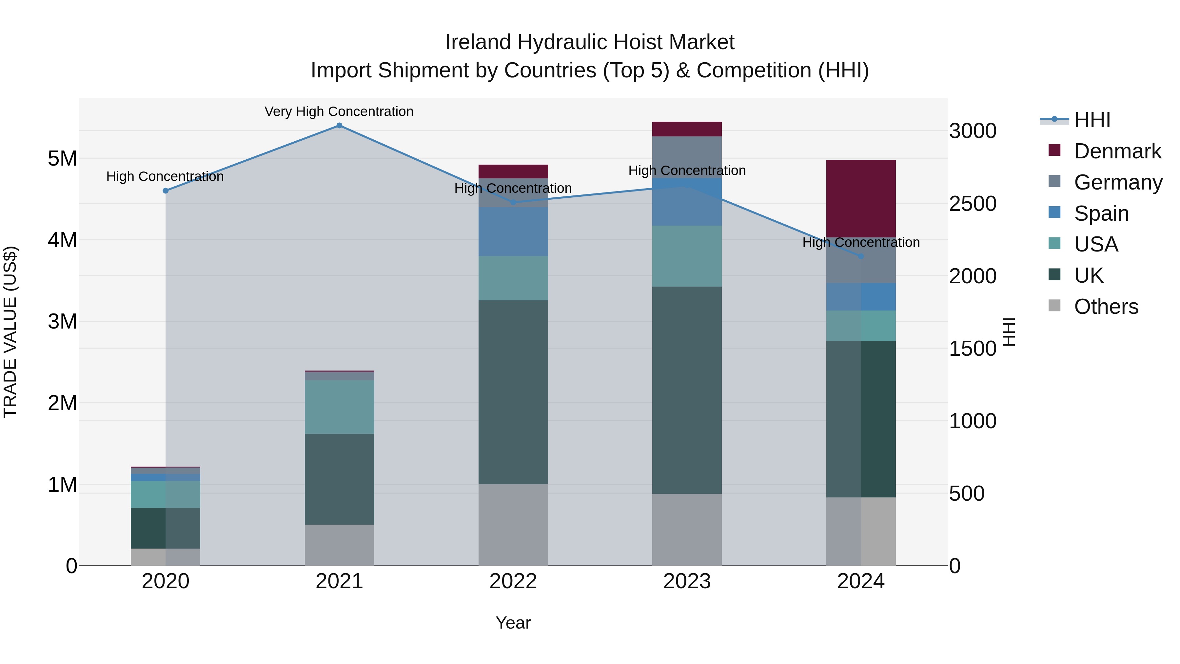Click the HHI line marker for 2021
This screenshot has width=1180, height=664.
pos(339,126)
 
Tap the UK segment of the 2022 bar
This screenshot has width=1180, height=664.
pos(513,392)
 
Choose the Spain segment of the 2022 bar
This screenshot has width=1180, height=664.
pos(513,231)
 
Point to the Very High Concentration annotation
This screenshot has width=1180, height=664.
pos(339,112)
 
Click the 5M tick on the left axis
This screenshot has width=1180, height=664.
pos(62,159)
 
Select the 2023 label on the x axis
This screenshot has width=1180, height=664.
pos(687,581)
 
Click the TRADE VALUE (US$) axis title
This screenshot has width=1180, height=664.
pos(10,332)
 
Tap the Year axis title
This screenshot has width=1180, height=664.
pos(513,623)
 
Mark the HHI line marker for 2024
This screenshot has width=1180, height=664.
pos(860,256)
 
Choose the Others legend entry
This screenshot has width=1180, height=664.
pos(1106,307)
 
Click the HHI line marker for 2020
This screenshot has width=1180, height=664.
pos(166,191)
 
